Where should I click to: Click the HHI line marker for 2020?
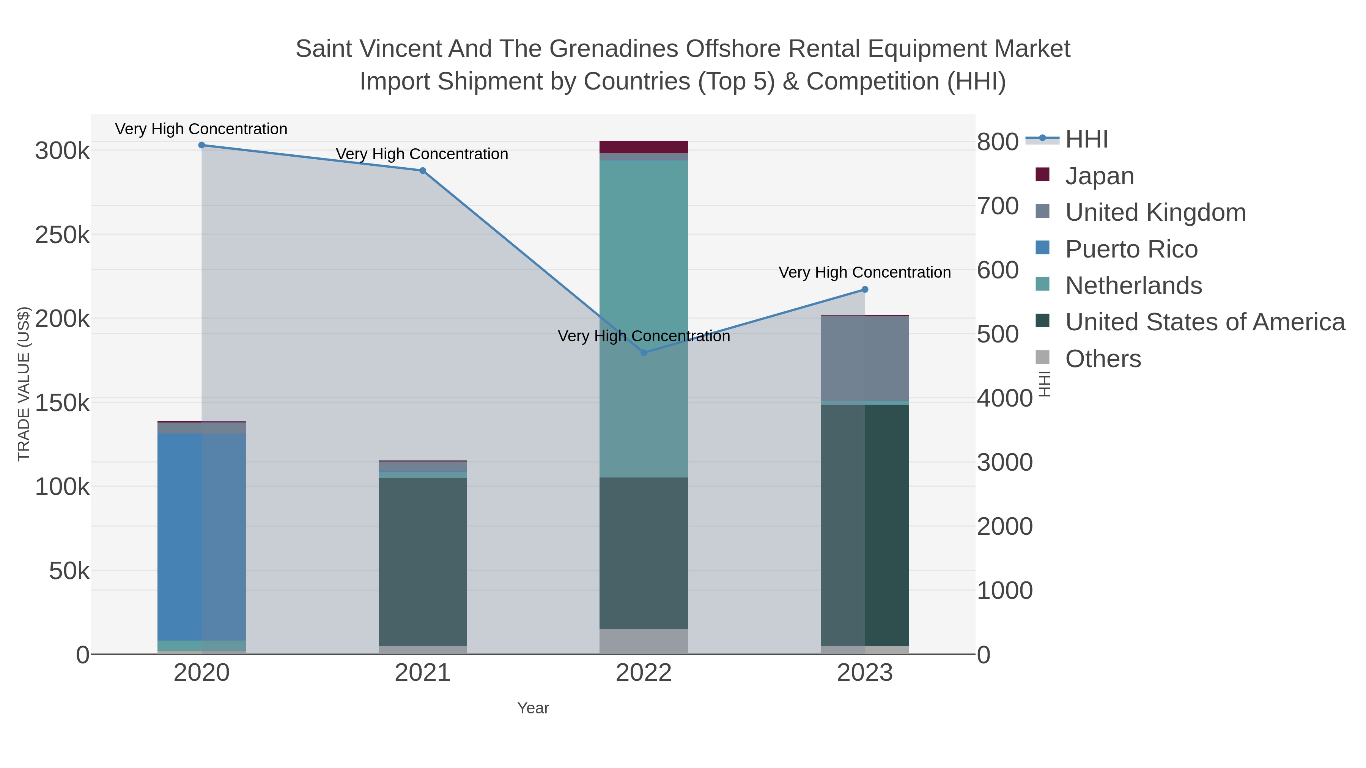click(201, 145)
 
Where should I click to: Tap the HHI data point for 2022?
click(644, 352)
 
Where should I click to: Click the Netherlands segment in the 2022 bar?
click(644, 318)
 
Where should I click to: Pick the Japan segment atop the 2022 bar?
click(644, 147)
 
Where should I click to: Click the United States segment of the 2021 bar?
click(423, 562)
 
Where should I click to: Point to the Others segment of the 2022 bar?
click(644, 641)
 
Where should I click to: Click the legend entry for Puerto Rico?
click(1131, 249)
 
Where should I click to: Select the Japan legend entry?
click(1099, 176)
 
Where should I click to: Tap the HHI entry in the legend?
click(1086, 140)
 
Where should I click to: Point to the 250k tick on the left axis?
click(62, 235)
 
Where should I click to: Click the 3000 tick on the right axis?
click(1004, 462)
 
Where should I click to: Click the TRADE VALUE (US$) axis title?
click(24, 384)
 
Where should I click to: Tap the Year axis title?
click(533, 708)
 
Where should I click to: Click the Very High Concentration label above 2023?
click(864, 272)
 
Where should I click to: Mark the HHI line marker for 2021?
click(423, 171)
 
